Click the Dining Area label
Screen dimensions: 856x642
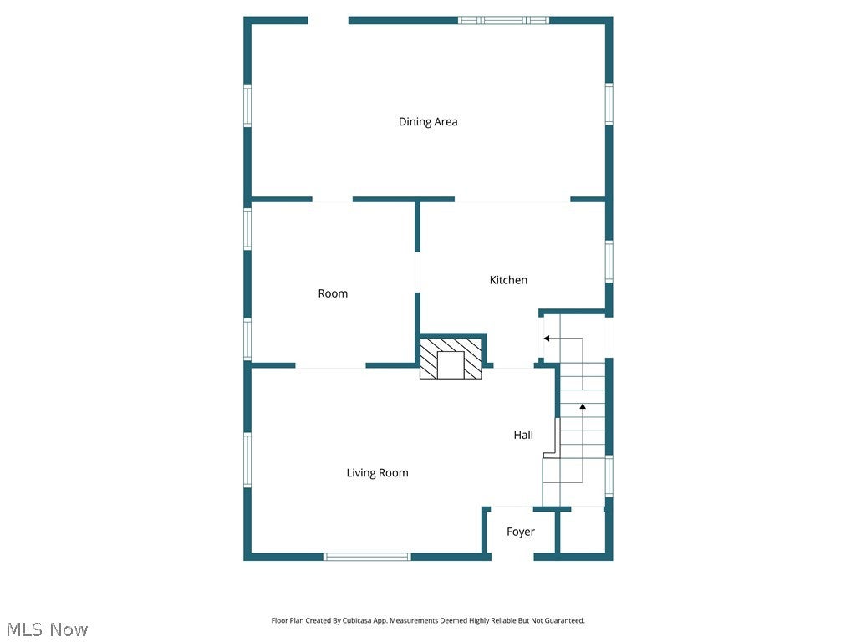(428, 122)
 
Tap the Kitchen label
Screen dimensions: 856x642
(508, 280)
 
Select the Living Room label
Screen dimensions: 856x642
(377, 473)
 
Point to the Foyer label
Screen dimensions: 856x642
(520, 532)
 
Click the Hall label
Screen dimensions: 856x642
(523, 435)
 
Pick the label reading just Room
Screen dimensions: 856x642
(333, 293)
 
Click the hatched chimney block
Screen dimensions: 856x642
(451, 358)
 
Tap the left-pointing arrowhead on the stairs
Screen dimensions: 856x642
(547, 339)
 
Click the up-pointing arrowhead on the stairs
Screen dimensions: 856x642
(583, 406)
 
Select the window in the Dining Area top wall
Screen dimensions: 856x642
(503, 21)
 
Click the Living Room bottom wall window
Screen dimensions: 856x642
(367, 557)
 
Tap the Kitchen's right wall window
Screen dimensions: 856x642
(609, 262)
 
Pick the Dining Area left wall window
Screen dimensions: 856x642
(247, 106)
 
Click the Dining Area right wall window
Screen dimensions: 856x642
(609, 104)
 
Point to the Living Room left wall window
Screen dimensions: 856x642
(247, 460)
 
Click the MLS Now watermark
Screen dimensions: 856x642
(47, 629)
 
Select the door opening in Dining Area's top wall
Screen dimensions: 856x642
(328, 21)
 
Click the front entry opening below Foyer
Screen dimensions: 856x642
(512, 557)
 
